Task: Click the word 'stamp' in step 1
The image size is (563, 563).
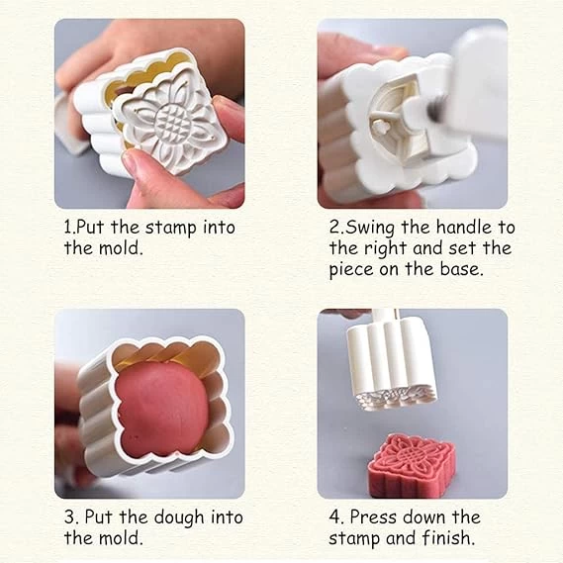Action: [171, 229]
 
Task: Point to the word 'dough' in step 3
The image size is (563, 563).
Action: [179, 517]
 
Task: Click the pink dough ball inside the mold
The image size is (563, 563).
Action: [162, 409]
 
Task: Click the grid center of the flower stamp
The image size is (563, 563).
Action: [170, 122]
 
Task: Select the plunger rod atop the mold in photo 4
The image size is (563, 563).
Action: [385, 316]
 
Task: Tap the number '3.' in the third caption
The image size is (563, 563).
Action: [70, 517]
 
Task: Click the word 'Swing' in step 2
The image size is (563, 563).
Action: [370, 229]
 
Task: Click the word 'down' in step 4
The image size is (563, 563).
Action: [424, 517]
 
